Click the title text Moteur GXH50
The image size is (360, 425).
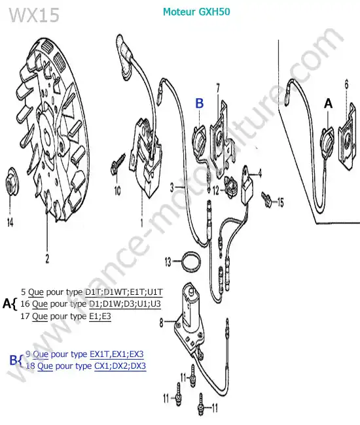[x=196, y=12]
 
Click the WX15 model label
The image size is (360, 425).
[x=34, y=15]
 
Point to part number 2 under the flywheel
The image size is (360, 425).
[x=47, y=258]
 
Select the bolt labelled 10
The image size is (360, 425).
[x=117, y=165]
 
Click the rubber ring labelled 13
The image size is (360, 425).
[x=191, y=262]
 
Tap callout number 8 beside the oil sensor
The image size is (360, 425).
[x=162, y=322]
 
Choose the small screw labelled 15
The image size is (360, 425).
[x=266, y=199]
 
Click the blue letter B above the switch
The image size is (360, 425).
[x=200, y=103]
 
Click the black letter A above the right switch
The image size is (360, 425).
[x=329, y=103]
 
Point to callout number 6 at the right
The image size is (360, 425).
[x=346, y=84]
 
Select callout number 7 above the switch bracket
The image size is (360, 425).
[x=218, y=88]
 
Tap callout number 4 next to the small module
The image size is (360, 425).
[x=260, y=173]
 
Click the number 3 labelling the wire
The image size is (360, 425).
[x=172, y=187]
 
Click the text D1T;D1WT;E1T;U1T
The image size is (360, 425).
[x=124, y=292]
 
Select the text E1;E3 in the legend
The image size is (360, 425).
[x=100, y=316]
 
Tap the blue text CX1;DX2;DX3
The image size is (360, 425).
[x=120, y=366]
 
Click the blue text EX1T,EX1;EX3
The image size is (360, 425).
[x=117, y=354]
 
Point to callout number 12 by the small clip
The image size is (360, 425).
[x=216, y=190]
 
